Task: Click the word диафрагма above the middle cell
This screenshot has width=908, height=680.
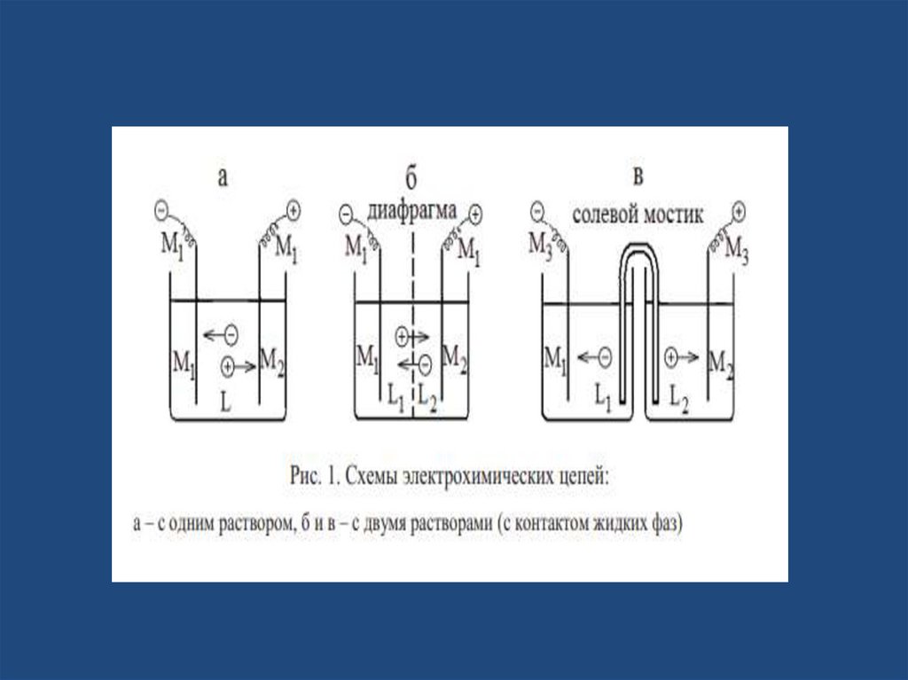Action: tap(412, 213)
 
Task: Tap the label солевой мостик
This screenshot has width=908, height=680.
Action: tap(637, 214)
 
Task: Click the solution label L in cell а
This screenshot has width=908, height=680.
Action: tap(226, 403)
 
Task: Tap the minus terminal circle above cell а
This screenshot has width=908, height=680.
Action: tap(161, 210)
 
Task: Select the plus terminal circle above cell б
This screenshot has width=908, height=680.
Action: tap(475, 213)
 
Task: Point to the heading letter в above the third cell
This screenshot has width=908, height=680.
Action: tap(638, 177)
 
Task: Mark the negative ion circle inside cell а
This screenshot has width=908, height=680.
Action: tap(231, 334)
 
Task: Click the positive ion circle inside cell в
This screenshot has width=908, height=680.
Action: tap(671, 357)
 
